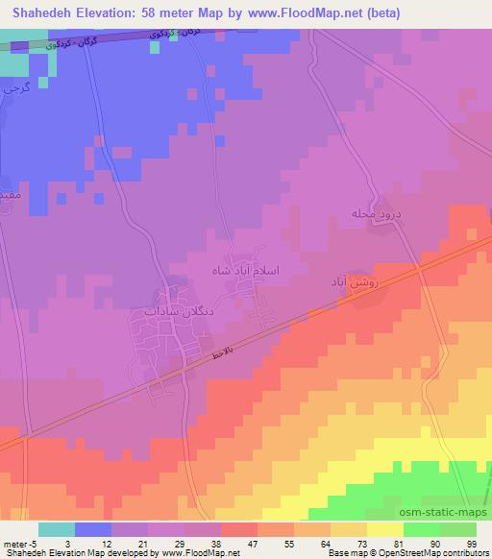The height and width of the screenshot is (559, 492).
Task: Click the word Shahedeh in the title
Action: [41, 12]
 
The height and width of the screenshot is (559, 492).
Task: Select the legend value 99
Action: [471, 543]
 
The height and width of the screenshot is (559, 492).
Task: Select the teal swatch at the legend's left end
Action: [56, 529]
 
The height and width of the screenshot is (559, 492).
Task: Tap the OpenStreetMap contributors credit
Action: [438, 553]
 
